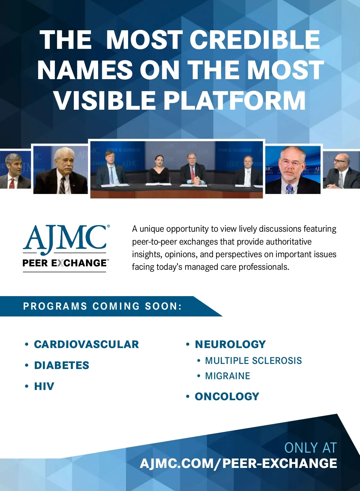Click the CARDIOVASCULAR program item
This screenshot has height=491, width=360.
pos(86,344)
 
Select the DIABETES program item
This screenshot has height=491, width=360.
pos(61,365)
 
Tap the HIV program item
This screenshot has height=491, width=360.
pos(44,386)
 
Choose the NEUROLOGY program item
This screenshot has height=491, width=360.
pos(230,344)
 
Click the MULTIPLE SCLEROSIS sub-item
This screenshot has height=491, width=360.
pos(253,361)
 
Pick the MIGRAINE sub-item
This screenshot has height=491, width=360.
pos(227,376)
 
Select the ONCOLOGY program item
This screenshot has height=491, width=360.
pos(227,396)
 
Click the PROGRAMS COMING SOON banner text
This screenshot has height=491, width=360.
pos(102,306)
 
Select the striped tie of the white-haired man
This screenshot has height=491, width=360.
pos(63,185)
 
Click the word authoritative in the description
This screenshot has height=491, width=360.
pos(289,242)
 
